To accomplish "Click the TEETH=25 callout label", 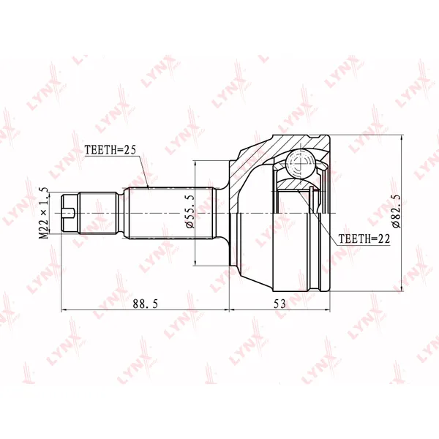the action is pyautogui.click(x=110, y=150).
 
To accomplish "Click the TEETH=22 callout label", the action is pyautogui.click(x=364, y=239).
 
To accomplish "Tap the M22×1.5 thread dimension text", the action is pyautogui.click(x=44, y=214).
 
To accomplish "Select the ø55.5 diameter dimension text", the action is pyautogui.click(x=190, y=212).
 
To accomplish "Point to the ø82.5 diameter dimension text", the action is pyautogui.click(x=397, y=211).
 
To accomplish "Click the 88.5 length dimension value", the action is pyautogui.click(x=146, y=304).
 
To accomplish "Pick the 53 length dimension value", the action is pyautogui.click(x=279, y=304).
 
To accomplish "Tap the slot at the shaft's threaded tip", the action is pyautogui.click(x=68, y=214).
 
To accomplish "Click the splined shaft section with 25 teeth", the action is pyautogui.click(x=170, y=213).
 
